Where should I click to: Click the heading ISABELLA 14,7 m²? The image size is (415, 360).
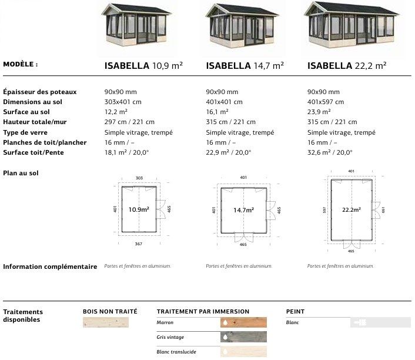coord(245,65)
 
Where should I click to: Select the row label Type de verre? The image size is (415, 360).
coord(25,132)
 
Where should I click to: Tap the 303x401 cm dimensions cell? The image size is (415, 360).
coord(123,102)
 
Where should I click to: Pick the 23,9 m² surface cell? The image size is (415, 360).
coord(319,112)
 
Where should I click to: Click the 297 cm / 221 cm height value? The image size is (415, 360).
coord(129,122)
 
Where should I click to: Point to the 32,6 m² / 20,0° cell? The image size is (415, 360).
coord(330,152)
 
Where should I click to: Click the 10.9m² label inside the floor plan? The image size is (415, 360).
coord(139,209)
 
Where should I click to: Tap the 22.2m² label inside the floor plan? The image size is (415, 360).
coord(352,210)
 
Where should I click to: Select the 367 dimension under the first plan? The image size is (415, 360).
coord(138,244)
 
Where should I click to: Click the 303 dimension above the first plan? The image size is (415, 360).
coord(139,178)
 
